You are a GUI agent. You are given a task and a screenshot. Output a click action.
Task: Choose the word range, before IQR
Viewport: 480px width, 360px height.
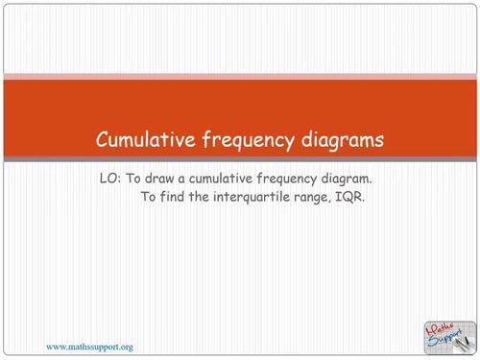pyautogui.click(x=324, y=199)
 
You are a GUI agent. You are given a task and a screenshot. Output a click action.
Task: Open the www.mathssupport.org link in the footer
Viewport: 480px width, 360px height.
pyautogui.click(x=89, y=346)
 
